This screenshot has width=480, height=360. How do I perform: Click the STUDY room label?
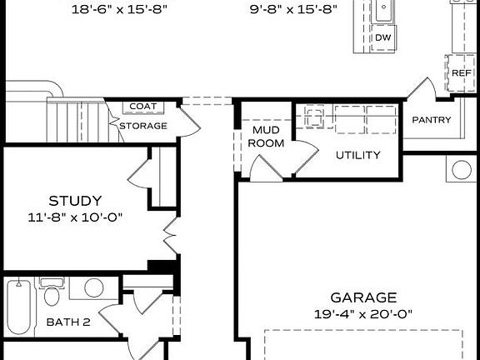[x=75, y=201]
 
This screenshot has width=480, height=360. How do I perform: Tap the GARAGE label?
[x=363, y=297]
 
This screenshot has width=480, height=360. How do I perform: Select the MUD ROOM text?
[x=267, y=137]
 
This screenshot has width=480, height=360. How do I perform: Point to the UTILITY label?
[x=358, y=155]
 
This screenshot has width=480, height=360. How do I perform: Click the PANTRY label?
[x=432, y=120]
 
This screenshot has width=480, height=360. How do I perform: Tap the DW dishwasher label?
[x=382, y=38]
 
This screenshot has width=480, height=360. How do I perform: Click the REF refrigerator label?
[x=462, y=73]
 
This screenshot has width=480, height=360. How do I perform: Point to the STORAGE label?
[x=143, y=126]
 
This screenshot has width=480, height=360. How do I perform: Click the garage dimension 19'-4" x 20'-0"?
[x=363, y=313]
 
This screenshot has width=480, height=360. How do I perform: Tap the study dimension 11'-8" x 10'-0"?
[x=75, y=217]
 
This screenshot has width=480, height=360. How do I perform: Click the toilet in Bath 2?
[x=52, y=296]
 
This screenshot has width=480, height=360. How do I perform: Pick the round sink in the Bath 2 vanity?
[x=93, y=288]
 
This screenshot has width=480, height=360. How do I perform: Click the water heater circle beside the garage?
[x=461, y=170]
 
